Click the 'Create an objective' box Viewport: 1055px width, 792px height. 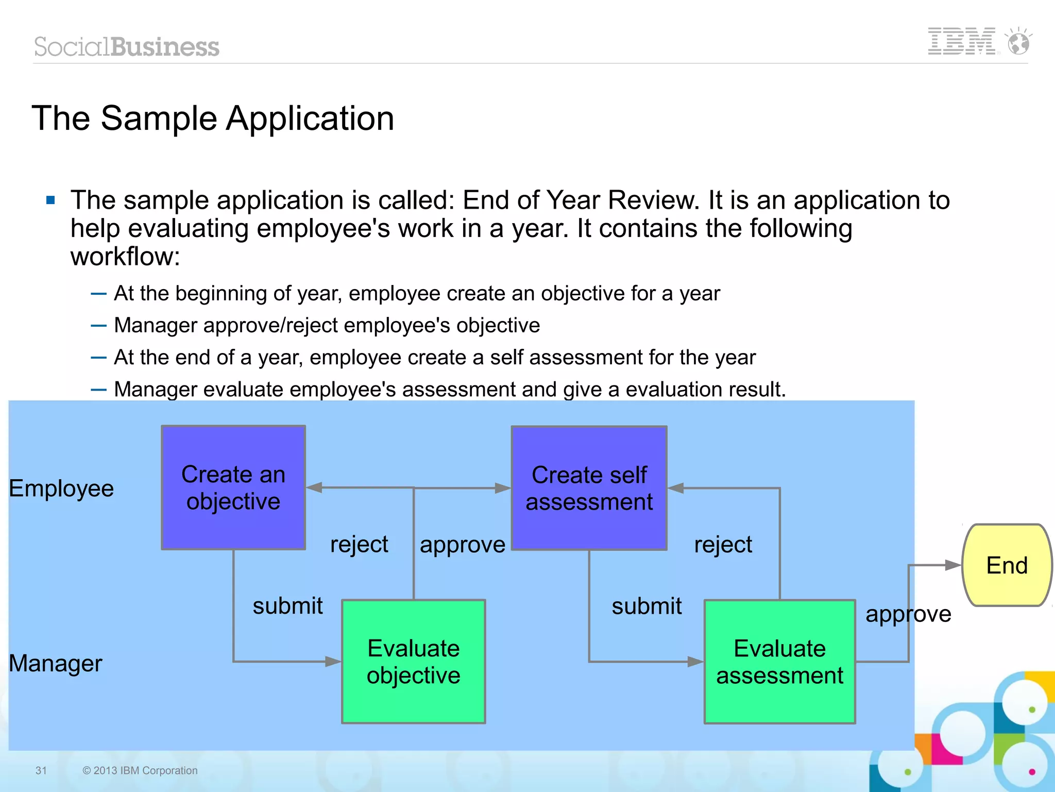coord(233,487)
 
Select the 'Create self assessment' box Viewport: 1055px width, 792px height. coord(589,488)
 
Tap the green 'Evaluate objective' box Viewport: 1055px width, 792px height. coord(413,662)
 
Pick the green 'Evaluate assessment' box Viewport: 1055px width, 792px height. coord(779,662)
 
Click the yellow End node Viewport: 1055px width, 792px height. coord(1007,565)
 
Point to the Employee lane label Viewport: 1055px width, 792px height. coord(61,488)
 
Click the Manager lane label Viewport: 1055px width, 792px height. coord(56,663)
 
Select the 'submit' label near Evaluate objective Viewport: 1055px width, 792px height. coord(287,606)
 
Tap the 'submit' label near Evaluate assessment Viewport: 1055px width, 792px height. coord(646,606)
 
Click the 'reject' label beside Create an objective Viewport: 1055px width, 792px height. coord(359,545)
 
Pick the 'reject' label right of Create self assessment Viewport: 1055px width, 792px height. coord(723,545)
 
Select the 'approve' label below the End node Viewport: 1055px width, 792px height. coord(908,614)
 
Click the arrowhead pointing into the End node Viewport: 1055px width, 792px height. coord(952,565)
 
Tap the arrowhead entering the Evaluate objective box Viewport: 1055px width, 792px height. coord(333,662)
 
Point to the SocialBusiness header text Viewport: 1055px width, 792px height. coord(127,47)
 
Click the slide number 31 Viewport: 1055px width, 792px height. coord(41,770)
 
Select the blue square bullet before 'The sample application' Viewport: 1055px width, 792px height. coord(50,200)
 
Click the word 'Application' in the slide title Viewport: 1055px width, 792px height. coord(310,119)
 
